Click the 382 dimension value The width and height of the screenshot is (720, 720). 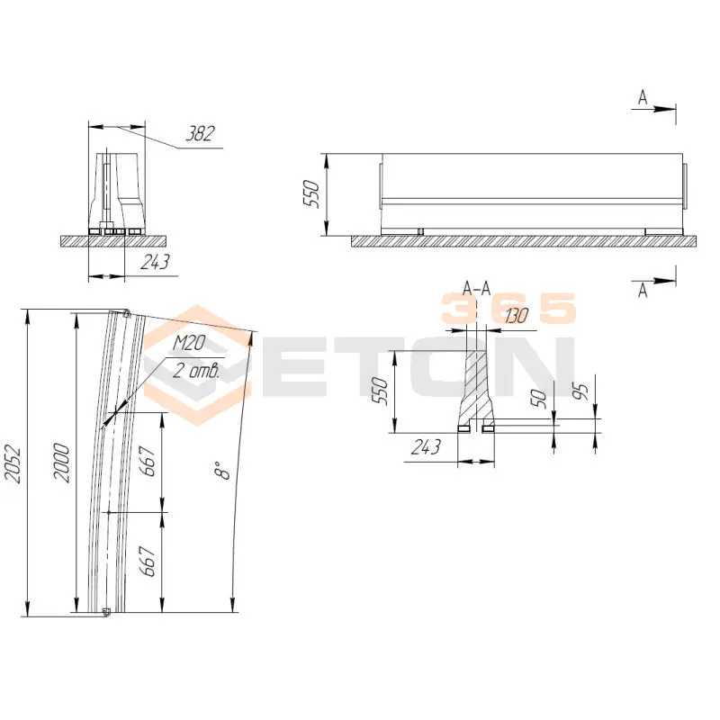pyautogui.click(x=200, y=133)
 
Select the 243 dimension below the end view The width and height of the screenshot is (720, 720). pyautogui.click(x=155, y=262)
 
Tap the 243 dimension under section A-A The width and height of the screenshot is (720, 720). pyautogui.click(x=426, y=446)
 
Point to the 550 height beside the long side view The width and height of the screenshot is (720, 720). pyautogui.click(x=311, y=193)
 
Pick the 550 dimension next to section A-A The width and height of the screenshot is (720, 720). pyautogui.click(x=380, y=391)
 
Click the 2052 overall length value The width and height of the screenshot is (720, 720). pyautogui.click(x=13, y=463)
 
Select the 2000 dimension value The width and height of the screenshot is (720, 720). pyautogui.click(x=61, y=463)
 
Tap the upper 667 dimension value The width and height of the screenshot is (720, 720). pyautogui.click(x=148, y=461)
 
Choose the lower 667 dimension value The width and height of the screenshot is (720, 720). pyautogui.click(x=148, y=561)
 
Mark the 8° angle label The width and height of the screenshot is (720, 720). pyautogui.click(x=222, y=471)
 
